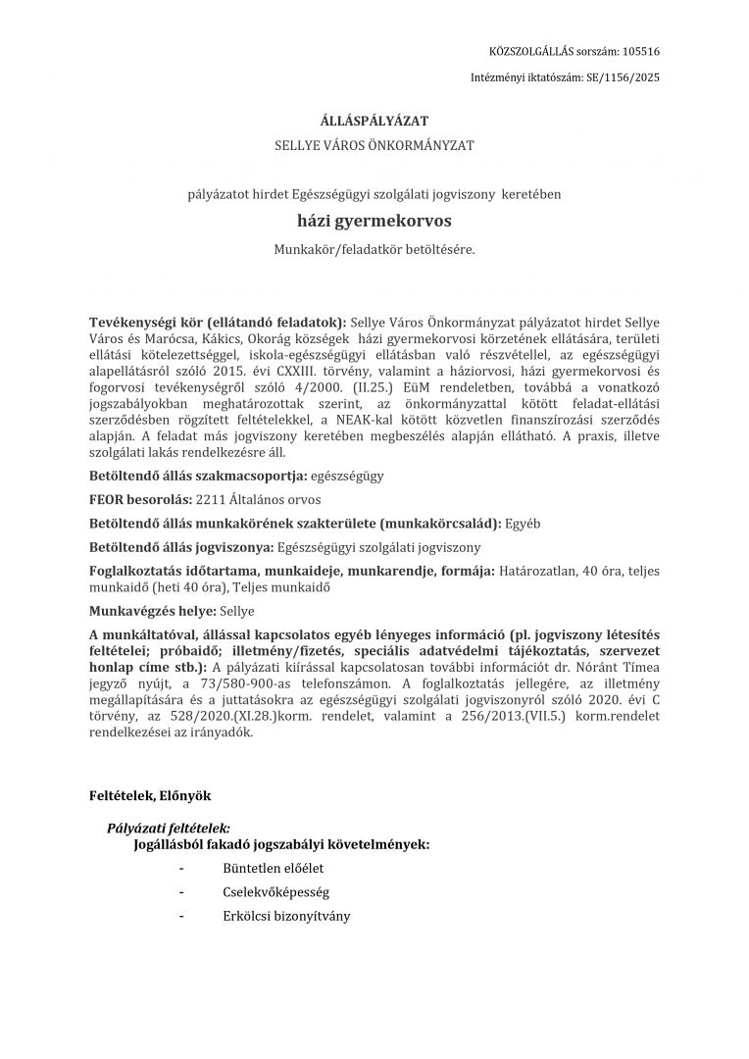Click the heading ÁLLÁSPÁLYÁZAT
click(x=374, y=122)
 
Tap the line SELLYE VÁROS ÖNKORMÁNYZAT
click(x=374, y=145)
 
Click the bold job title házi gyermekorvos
click(x=374, y=222)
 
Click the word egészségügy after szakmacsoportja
click(x=347, y=476)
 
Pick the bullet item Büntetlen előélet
click(x=273, y=868)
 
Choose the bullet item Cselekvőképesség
click(x=275, y=892)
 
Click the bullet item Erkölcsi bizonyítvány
click(x=286, y=916)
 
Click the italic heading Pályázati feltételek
click(x=169, y=828)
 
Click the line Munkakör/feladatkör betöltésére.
click(x=374, y=250)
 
